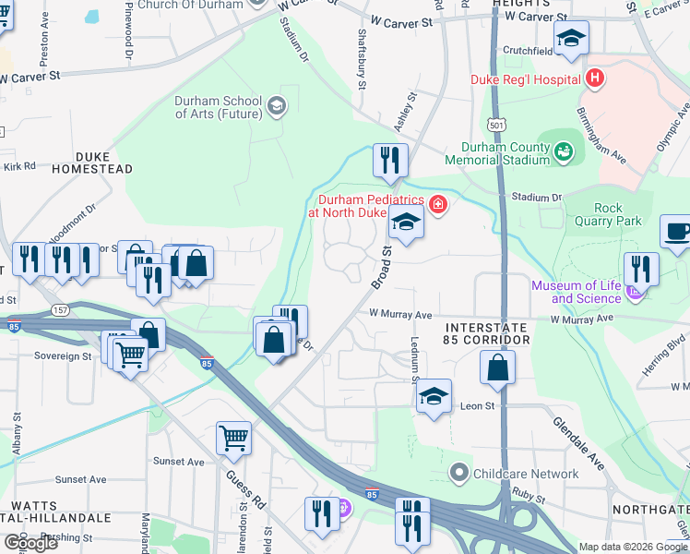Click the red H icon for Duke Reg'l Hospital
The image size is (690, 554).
point(595,78)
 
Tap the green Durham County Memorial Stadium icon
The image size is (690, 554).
point(563,149)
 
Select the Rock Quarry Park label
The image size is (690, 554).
point(618,214)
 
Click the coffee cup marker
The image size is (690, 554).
point(676,232)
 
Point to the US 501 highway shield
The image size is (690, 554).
point(498,125)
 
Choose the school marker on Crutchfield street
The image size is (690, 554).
point(571,38)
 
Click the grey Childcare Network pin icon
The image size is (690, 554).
point(459,474)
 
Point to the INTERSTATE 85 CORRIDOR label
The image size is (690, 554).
point(486,334)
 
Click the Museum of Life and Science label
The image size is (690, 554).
point(572,292)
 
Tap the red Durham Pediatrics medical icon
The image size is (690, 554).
point(438,205)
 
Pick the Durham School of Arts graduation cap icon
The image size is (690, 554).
point(275,107)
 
